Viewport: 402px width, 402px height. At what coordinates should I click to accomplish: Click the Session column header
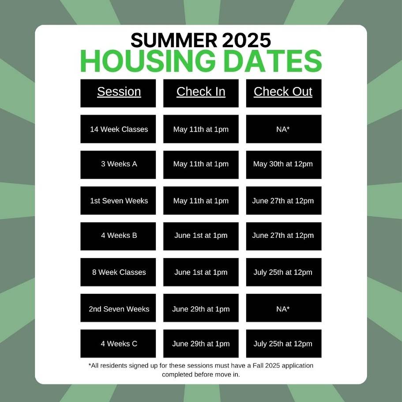tap(118, 93)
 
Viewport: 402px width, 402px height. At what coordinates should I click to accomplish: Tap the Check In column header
tap(201, 93)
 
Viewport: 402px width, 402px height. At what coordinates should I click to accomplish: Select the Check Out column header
tap(284, 93)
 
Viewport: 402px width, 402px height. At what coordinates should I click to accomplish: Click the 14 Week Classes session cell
tap(118, 129)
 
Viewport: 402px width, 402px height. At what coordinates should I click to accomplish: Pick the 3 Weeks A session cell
tap(118, 165)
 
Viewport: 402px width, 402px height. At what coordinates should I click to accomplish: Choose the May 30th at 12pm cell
tap(284, 165)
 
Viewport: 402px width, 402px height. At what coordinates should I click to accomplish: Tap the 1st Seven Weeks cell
tap(118, 200)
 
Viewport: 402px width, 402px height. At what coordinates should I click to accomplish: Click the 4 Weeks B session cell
tap(118, 236)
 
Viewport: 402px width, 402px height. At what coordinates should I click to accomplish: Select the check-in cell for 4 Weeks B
tap(201, 236)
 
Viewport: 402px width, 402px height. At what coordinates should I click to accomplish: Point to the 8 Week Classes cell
tap(118, 272)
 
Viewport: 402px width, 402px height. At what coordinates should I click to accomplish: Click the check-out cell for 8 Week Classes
tap(284, 272)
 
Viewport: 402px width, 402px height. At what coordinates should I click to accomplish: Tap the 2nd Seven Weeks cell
tap(118, 308)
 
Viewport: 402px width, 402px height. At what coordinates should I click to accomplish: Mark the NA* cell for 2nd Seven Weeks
tap(284, 308)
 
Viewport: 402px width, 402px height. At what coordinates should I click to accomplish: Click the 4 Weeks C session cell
tap(118, 344)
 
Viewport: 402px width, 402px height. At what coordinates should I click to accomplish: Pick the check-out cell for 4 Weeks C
tap(284, 344)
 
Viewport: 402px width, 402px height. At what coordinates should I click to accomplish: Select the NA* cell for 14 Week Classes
tap(284, 129)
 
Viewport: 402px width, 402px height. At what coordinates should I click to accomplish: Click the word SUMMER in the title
tap(174, 40)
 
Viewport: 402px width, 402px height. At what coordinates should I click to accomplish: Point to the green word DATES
tap(273, 61)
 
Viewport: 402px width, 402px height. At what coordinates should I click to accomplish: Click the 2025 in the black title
tap(246, 40)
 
